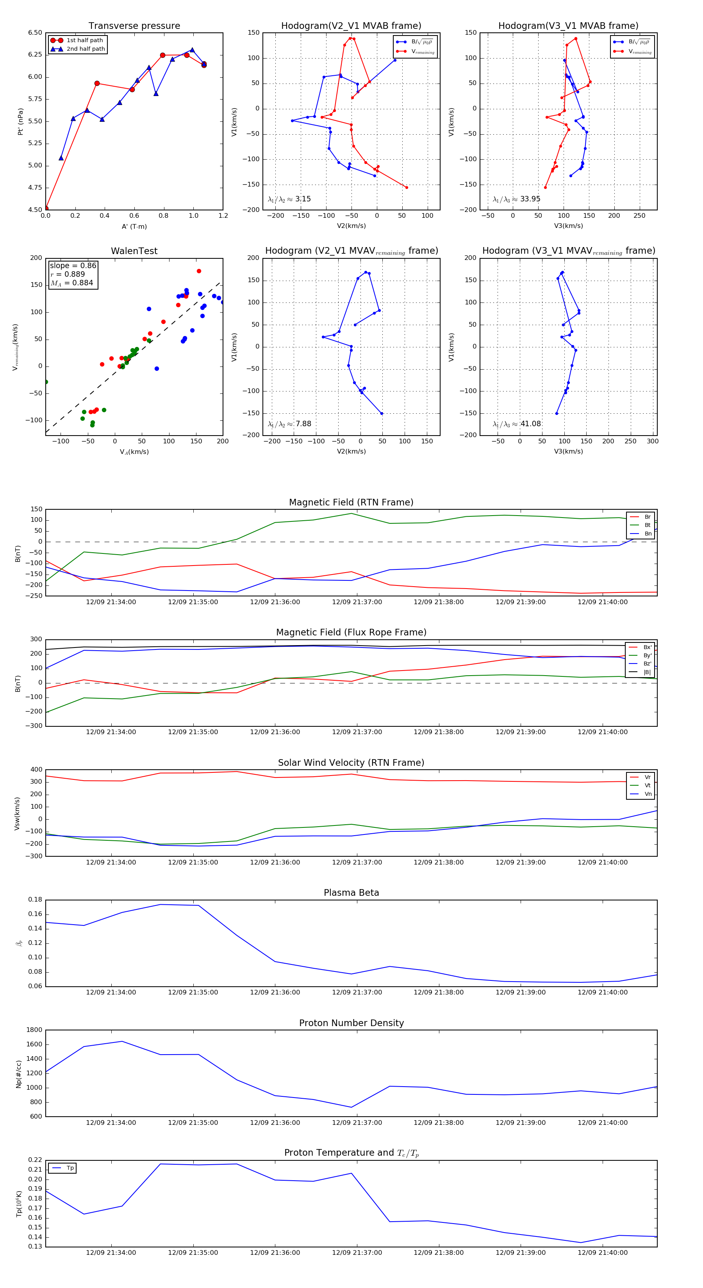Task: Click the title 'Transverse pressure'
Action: (x=134, y=26)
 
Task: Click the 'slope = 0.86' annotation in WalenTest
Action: (x=73, y=265)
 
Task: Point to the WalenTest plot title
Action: (x=134, y=251)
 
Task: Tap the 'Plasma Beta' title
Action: (x=351, y=893)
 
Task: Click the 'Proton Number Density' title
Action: (x=351, y=1023)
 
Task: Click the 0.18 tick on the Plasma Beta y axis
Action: (x=35, y=900)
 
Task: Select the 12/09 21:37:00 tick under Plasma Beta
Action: (x=357, y=992)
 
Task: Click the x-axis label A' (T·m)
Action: (x=134, y=226)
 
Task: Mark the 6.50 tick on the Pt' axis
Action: (x=35, y=33)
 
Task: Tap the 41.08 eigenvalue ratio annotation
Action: (x=530, y=424)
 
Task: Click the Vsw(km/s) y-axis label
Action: (x=18, y=813)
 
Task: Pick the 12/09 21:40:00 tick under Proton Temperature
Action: (x=602, y=1252)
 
